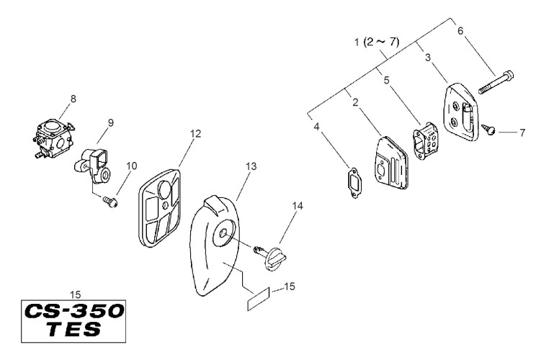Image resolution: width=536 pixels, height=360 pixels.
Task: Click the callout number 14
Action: [x=298, y=205]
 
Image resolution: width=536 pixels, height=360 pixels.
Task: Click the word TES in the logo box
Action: [x=71, y=330]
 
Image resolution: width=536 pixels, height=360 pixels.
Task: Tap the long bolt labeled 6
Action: [x=499, y=80]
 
